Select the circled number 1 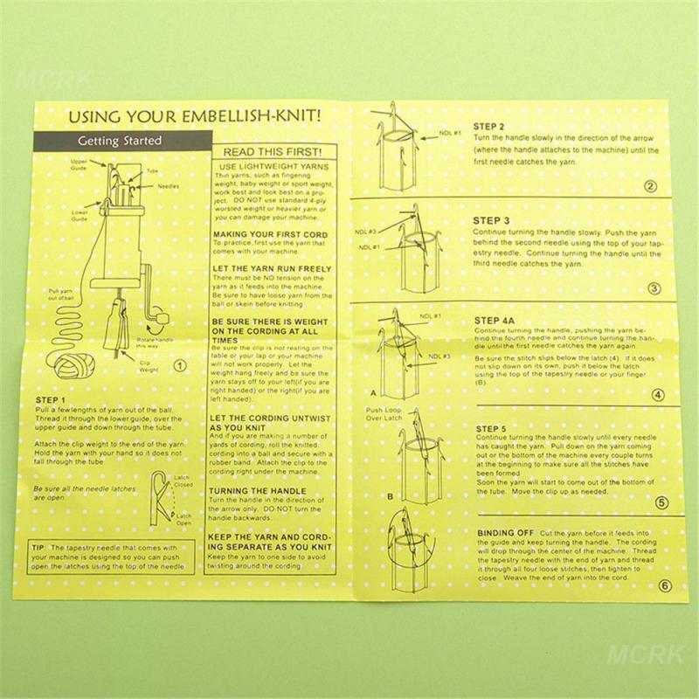[179, 365]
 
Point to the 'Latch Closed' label [183, 481]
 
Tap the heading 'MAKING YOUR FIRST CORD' [272, 235]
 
